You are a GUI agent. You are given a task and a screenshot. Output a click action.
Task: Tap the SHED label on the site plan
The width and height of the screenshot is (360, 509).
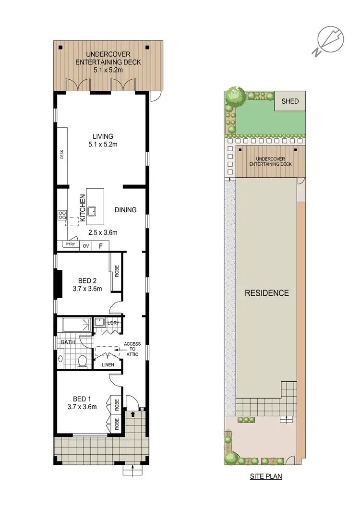[290, 101]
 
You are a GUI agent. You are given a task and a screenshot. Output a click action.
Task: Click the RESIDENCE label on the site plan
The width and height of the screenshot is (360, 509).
[267, 293]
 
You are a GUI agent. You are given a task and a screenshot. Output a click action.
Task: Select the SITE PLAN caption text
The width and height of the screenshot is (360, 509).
[265, 477]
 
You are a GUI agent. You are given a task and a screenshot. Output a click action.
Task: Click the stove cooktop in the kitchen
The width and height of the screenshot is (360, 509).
[62, 216]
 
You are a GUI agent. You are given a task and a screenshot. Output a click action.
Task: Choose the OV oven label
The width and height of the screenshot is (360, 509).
[86, 246]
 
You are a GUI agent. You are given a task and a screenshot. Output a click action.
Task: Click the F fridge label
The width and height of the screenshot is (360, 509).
[101, 246]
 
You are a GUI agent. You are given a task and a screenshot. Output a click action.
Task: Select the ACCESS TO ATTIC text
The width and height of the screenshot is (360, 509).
[132, 349]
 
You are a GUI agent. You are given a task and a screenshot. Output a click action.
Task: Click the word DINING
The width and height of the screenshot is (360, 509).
[126, 210]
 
